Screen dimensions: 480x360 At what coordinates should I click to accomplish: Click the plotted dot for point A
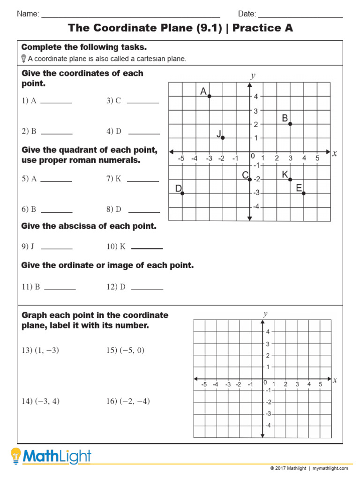click(210, 96)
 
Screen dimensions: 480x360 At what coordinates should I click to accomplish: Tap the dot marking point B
click(290, 124)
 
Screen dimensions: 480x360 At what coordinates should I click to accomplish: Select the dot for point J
click(223, 138)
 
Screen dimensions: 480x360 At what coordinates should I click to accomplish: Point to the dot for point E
click(304, 193)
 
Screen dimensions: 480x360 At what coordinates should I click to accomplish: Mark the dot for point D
click(182, 193)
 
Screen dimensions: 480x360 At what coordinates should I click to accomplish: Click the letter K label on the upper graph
click(285, 174)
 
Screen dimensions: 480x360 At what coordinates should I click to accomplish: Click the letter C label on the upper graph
click(245, 175)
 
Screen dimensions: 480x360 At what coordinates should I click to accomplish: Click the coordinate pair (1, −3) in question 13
click(47, 351)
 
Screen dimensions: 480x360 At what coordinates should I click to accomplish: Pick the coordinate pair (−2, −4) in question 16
click(135, 401)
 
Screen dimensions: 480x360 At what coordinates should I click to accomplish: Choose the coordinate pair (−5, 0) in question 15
click(132, 351)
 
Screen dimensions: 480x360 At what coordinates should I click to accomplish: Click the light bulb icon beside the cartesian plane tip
click(24, 59)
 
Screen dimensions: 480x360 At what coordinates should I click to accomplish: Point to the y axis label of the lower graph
click(265, 314)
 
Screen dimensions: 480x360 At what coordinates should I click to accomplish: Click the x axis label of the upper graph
click(334, 153)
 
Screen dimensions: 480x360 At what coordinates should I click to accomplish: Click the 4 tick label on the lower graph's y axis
click(268, 332)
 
